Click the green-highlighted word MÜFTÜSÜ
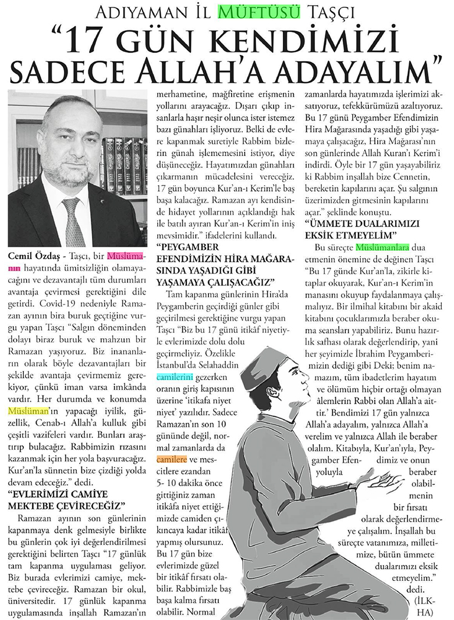266,12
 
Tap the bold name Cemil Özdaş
34,256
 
